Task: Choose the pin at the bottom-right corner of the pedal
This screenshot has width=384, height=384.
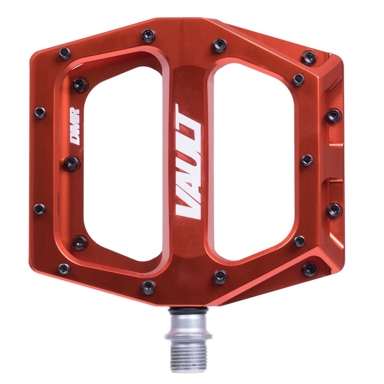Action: pos(309,269)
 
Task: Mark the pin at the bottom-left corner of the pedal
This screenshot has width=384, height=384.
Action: pos(63,268)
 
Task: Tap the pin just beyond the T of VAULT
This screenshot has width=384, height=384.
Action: pos(220,45)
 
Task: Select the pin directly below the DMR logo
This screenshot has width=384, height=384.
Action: pos(72,163)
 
